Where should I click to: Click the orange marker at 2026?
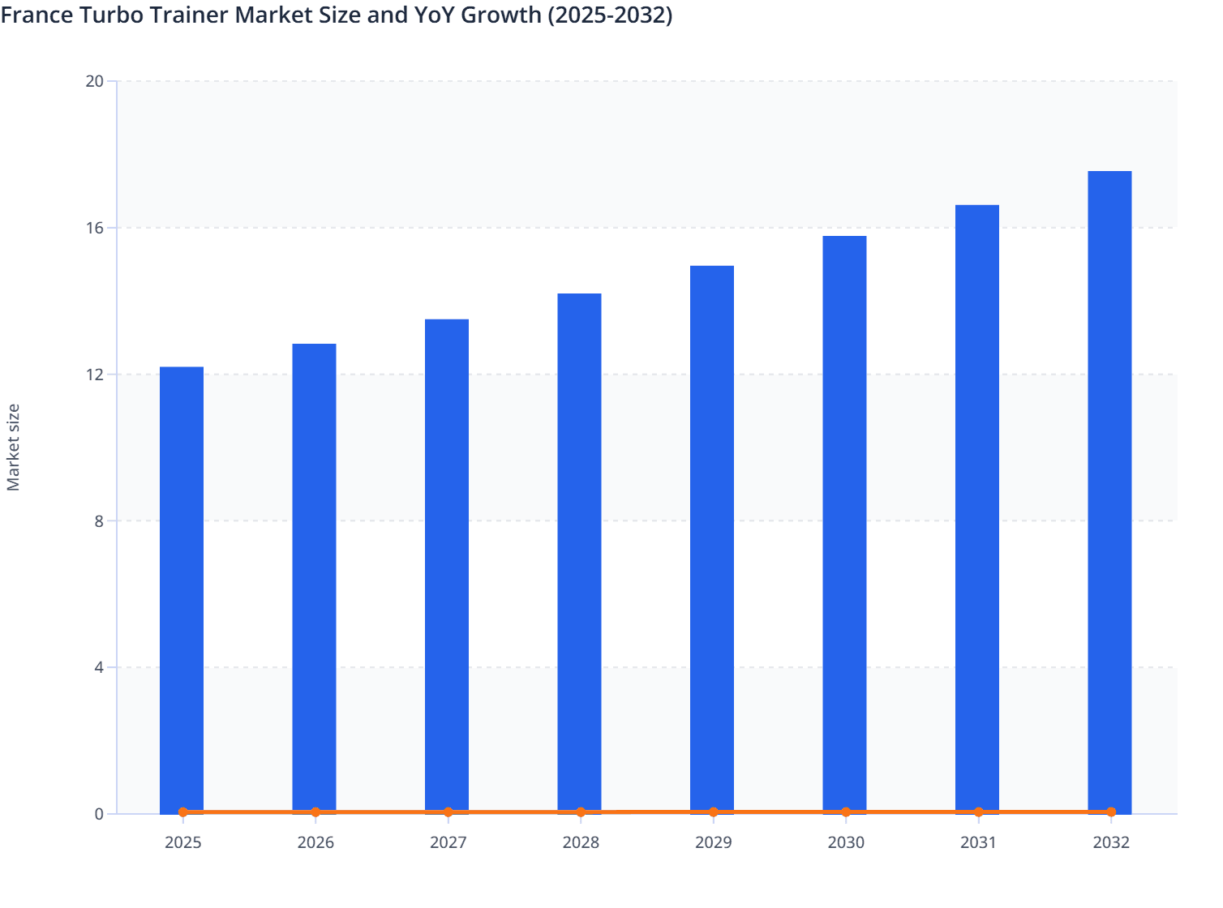coord(315,812)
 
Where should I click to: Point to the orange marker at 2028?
coord(581,812)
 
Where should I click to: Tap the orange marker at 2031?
coord(978,812)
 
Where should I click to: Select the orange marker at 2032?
coord(1111,812)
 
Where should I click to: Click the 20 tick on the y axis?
coord(95,81)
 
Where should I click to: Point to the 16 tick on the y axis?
coord(95,228)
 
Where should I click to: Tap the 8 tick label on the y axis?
coord(99,521)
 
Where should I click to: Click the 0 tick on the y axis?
coord(99,814)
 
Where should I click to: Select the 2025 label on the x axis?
coord(183,842)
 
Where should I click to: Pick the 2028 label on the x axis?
coord(581,842)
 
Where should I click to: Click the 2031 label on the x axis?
coord(978,842)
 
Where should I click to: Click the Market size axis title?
coord(14,448)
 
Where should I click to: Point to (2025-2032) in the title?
coord(611,15)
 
